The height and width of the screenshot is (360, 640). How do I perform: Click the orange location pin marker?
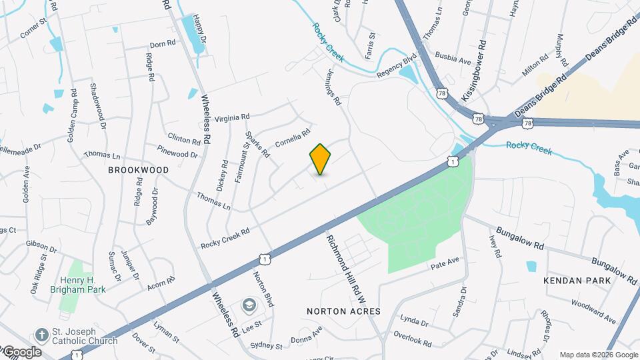coord(321,159)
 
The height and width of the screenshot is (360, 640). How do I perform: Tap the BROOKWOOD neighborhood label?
coord(139,170)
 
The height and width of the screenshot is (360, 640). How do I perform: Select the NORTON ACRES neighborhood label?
coord(343,311)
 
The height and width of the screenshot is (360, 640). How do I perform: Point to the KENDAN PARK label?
coord(577,281)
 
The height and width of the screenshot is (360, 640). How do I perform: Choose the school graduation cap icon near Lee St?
coord(249,304)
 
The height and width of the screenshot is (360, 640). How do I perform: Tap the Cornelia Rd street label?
coord(293,139)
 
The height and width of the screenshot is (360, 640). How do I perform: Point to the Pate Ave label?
coord(445,261)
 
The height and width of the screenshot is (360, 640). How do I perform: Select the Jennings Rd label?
coord(333,89)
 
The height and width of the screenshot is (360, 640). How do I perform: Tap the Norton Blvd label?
coord(264,289)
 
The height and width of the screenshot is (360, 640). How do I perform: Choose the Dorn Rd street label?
coord(162,43)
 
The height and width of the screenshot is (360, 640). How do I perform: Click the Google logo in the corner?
coord(22,351)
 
